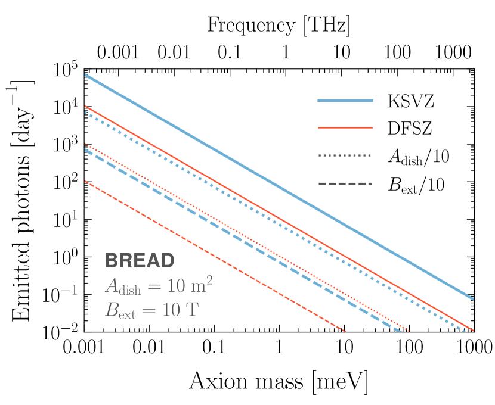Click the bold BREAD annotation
(140, 260)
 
